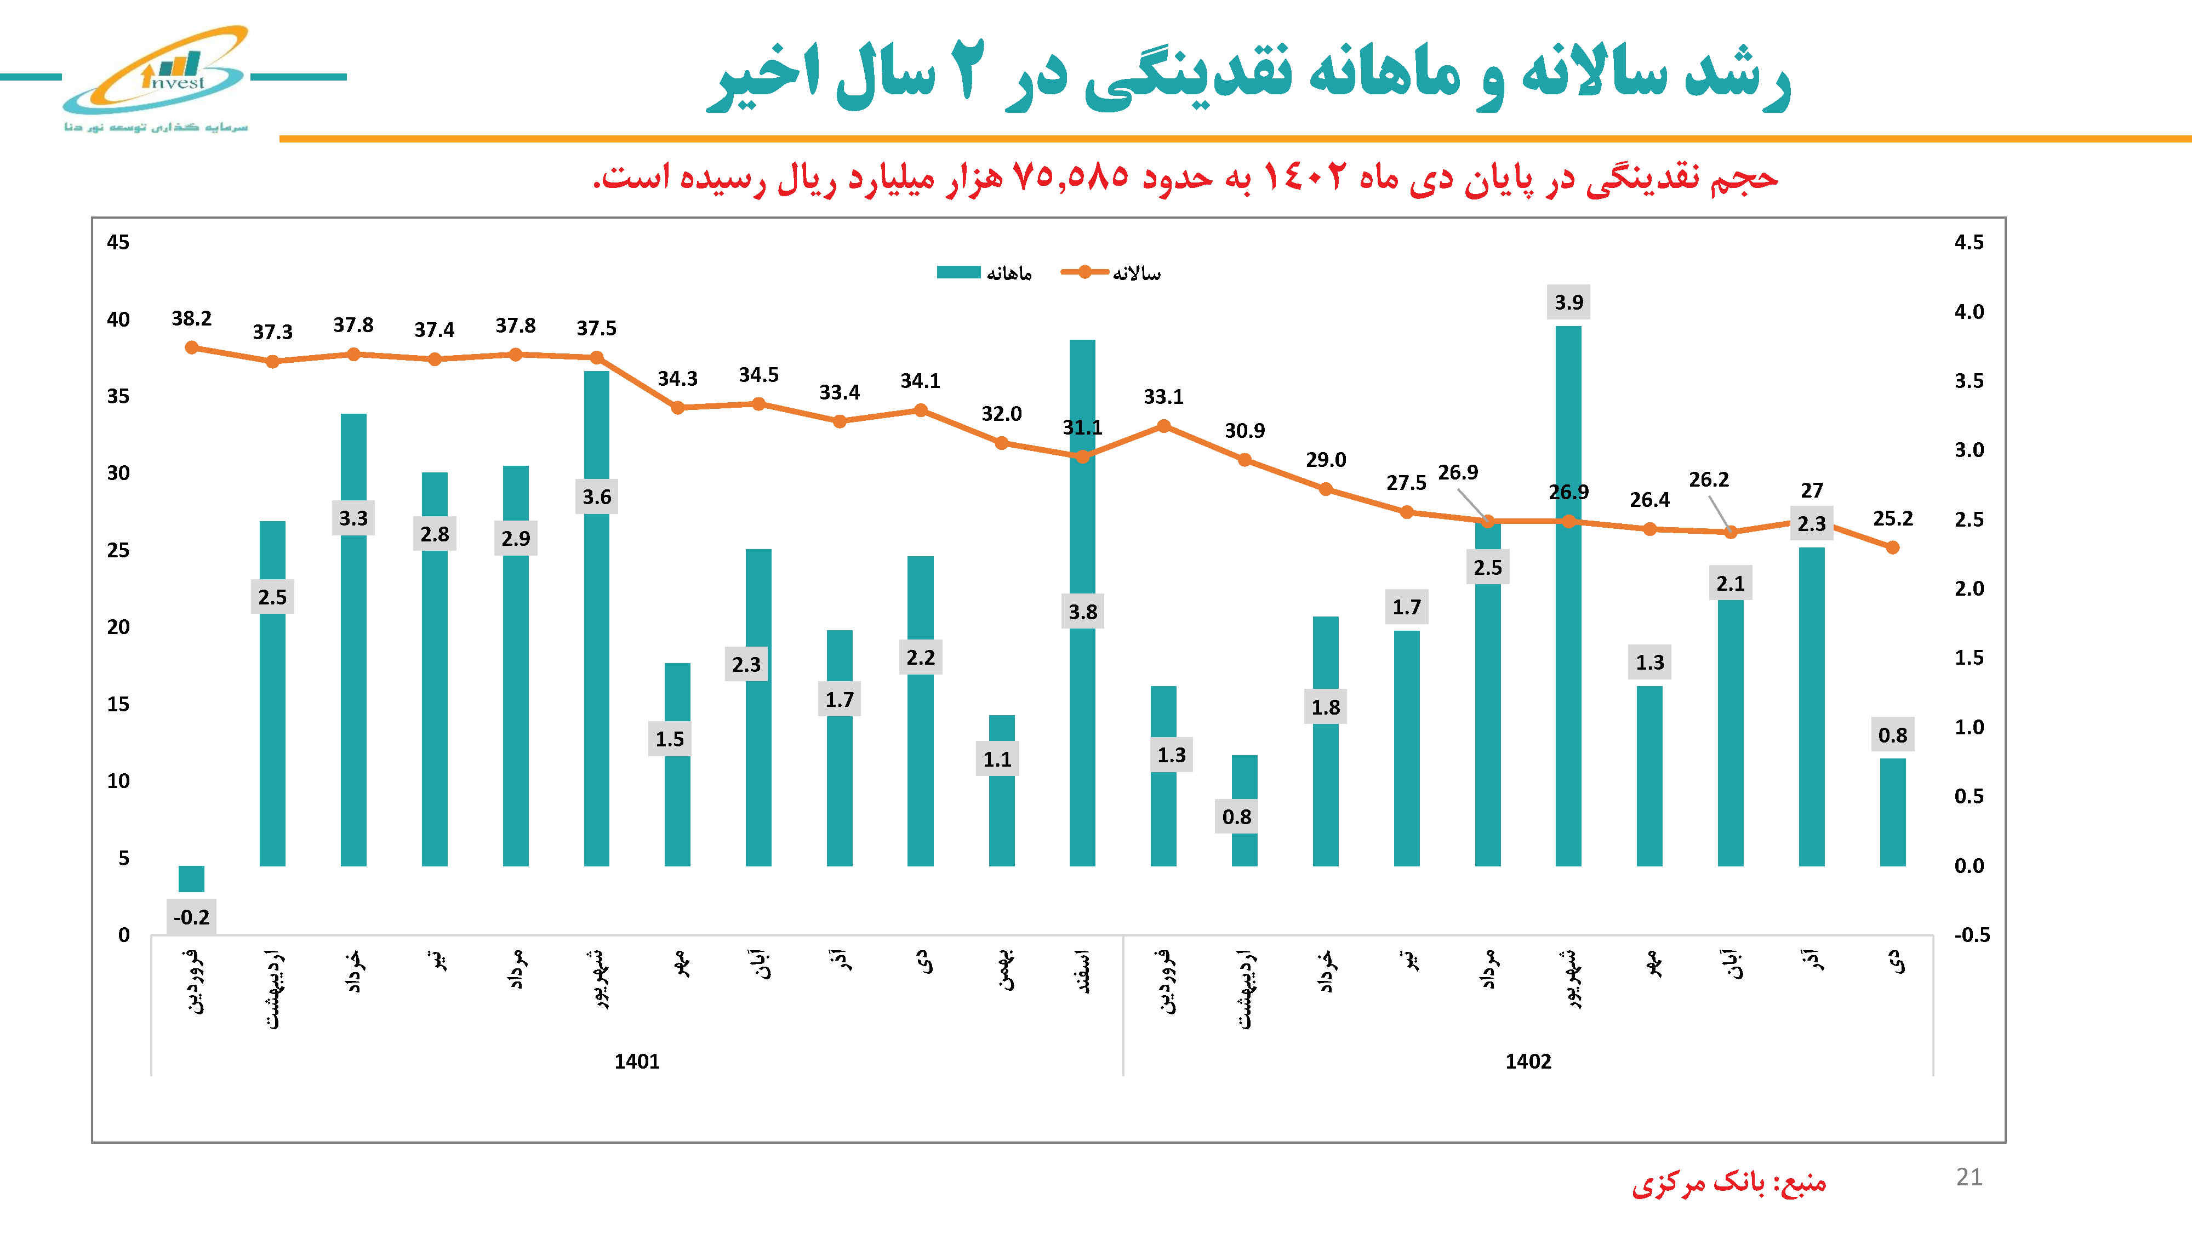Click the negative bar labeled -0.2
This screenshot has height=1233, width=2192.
tap(191, 878)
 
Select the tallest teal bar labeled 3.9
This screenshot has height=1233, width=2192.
tap(1568, 596)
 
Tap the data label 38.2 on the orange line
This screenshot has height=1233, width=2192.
tap(191, 318)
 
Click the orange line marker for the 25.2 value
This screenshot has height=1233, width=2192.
tap(1892, 547)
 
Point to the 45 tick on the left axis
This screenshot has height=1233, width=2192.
tap(118, 243)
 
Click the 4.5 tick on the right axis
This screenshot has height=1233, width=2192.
tap(1968, 243)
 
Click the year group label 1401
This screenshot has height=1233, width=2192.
tap(636, 1061)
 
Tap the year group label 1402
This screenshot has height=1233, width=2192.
tap(1528, 1061)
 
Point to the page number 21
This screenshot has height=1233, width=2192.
tap(1969, 1177)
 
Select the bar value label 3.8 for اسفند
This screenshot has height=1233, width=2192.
tap(1082, 611)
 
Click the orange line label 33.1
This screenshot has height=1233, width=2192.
tap(1163, 397)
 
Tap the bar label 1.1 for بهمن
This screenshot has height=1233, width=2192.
tap(997, 759)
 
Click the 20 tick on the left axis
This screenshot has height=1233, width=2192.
tap(118, 627)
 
